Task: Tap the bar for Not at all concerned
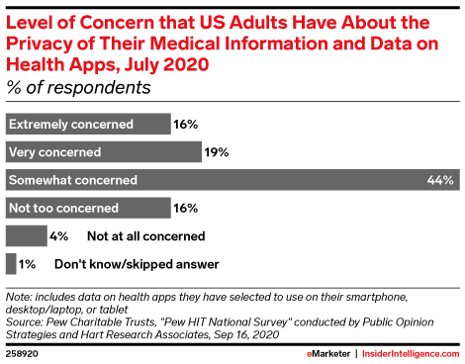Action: (26, 236)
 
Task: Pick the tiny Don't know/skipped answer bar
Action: (10, 264)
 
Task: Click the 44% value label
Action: (441, 180)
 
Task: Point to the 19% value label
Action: (218, 152)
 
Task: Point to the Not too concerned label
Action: (62, 209)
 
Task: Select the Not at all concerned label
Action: (145, 236)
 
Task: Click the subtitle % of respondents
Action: (78, 87)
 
